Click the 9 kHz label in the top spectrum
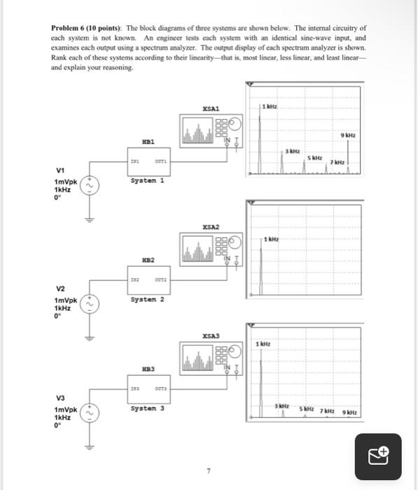pos(348,135)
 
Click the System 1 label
pos(146,181)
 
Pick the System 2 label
pos(147,300)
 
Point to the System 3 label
pos(147,409)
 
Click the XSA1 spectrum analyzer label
pos(210,108)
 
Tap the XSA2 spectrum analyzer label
pos(210,227)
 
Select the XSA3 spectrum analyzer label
pos(210,337)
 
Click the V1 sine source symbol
pos(89,186)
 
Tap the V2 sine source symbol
pos(89,304)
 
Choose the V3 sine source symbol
pos(89,414)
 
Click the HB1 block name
pos(148,140)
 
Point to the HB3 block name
pos(148,368)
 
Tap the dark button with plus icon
pos(378,456)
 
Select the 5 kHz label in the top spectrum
pos(316,158)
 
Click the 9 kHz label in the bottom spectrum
pos(349,412)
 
